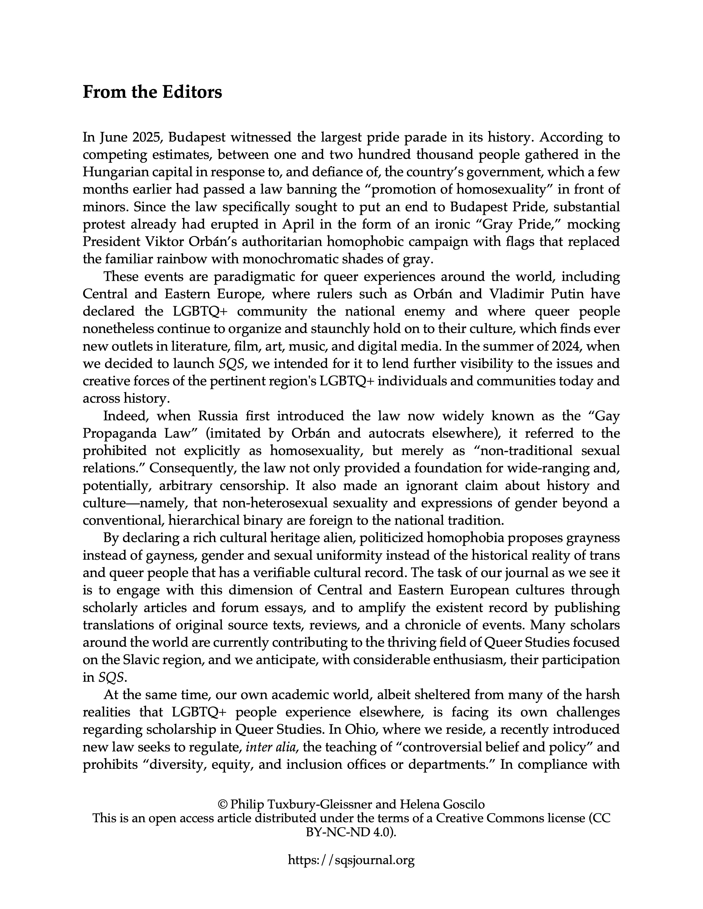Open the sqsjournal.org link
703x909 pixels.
point(351,860)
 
